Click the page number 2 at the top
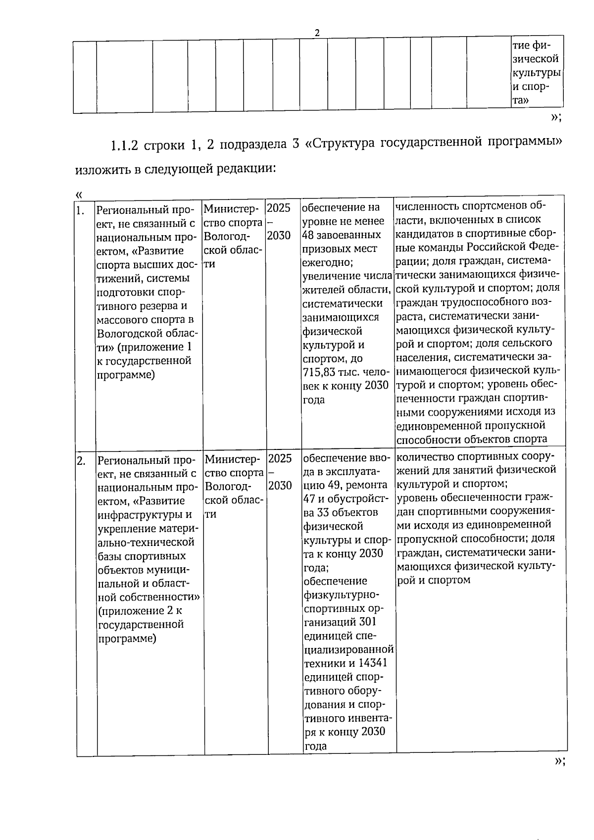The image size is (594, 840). pyautogui.click(x=317, y=33)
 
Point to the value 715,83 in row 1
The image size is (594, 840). pyautogui.click(x=319, y=372)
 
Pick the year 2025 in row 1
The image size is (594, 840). pyautogui.click(x=279, y=207)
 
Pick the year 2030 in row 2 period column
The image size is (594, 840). pyautogui.click(x=280, y=486)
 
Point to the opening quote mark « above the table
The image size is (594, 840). pyautogui.click(x=78, y=195)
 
